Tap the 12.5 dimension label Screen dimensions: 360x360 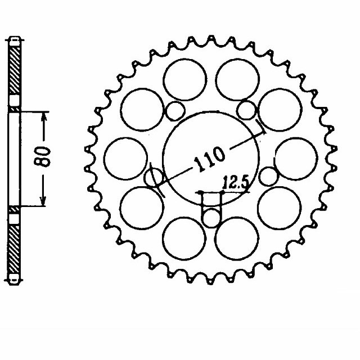pos(235,182)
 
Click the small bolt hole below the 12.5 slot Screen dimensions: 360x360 pos(211,217)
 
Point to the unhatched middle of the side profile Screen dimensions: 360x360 pos(15,157)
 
